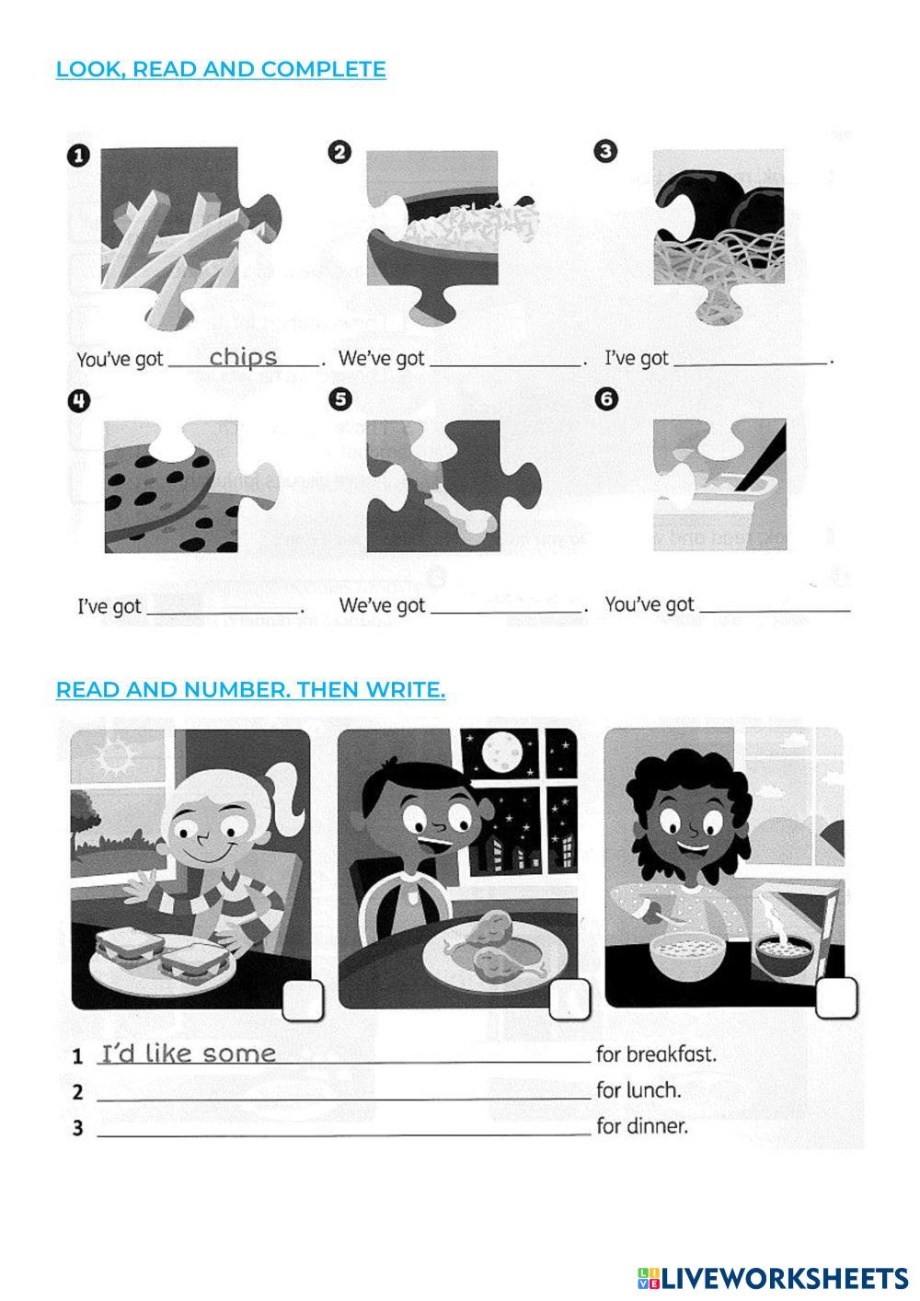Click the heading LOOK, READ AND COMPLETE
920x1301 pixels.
point(221,69)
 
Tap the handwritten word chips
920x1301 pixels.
point(243,357)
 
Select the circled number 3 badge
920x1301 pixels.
point(605,152)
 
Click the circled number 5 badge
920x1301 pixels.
point(340,399)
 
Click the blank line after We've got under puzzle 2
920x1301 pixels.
point(505,366)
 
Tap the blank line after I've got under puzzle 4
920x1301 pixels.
point(223,612)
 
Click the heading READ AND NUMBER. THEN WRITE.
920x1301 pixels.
point(250,689)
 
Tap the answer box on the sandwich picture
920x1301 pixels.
point(303,1000)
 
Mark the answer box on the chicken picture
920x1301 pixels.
point(569,999)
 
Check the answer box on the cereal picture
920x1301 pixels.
point(836,997)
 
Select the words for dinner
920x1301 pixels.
point(642,1127)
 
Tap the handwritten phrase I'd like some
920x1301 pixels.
point(189,1053)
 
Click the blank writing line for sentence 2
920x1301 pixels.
point(344,1099)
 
